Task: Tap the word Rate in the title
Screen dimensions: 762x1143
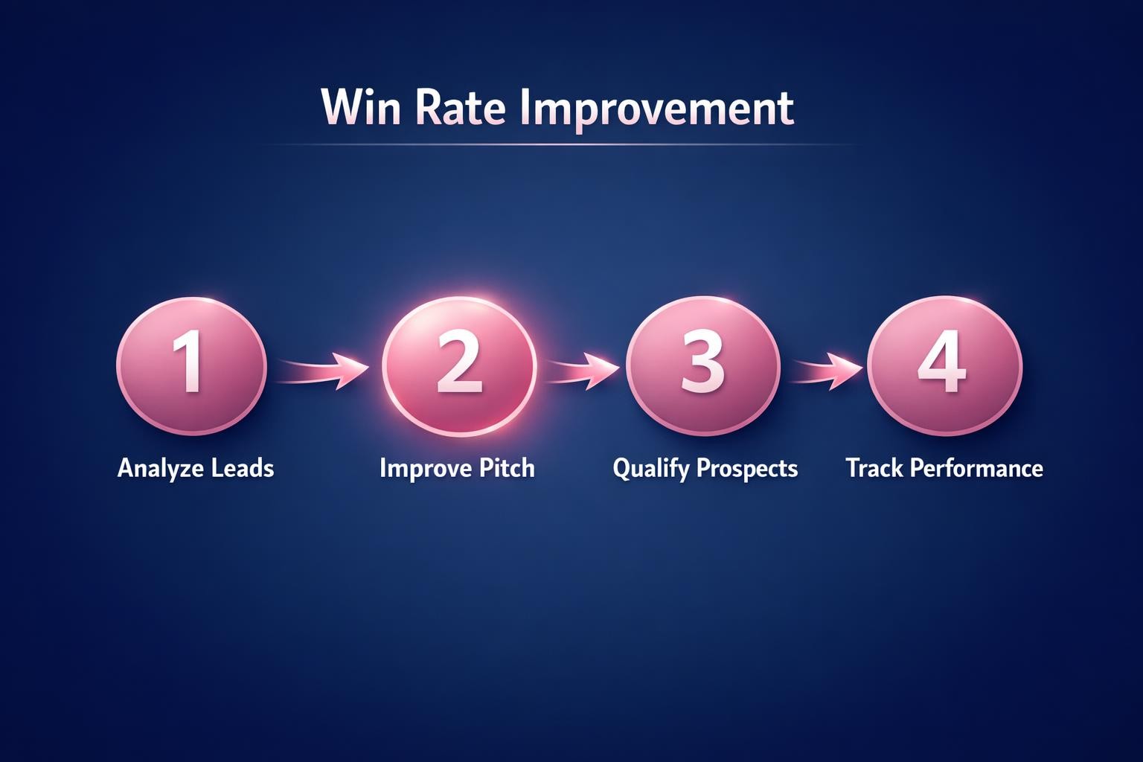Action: click(x=460, y=107)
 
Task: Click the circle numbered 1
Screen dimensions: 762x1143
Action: click(x=191, y=365)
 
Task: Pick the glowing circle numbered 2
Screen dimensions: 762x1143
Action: click(x=459, y=365)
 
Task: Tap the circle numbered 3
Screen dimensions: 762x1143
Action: click(x=702, y=365)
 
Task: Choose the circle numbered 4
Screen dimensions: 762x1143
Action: click(x=944, y=365)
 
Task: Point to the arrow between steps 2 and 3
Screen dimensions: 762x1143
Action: click(x=582, y=369)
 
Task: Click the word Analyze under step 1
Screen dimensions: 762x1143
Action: click(x=160, y=469)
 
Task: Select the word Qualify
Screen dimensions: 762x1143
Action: click(x=650, y=470)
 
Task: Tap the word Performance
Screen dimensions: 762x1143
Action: click(x=976, y=468)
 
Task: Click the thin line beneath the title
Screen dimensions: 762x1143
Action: click(x=558, y=144)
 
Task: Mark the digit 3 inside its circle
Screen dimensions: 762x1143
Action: click(x=702, y=363)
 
